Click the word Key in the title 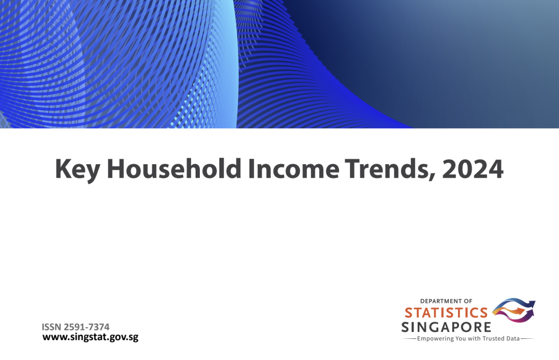pos(77,169)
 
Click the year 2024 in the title pos(473,169)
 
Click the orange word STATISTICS pos(446,313)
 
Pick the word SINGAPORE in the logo pos(446,327)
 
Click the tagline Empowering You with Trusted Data pos(468,339)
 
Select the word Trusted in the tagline pos(493,338)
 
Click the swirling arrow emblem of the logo pos(513,309)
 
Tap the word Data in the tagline pos(513,338)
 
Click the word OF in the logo pos(468,301)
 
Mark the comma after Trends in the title pos(432,177)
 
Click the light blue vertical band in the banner pos(224,64)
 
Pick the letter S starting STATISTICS pos(408,313)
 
